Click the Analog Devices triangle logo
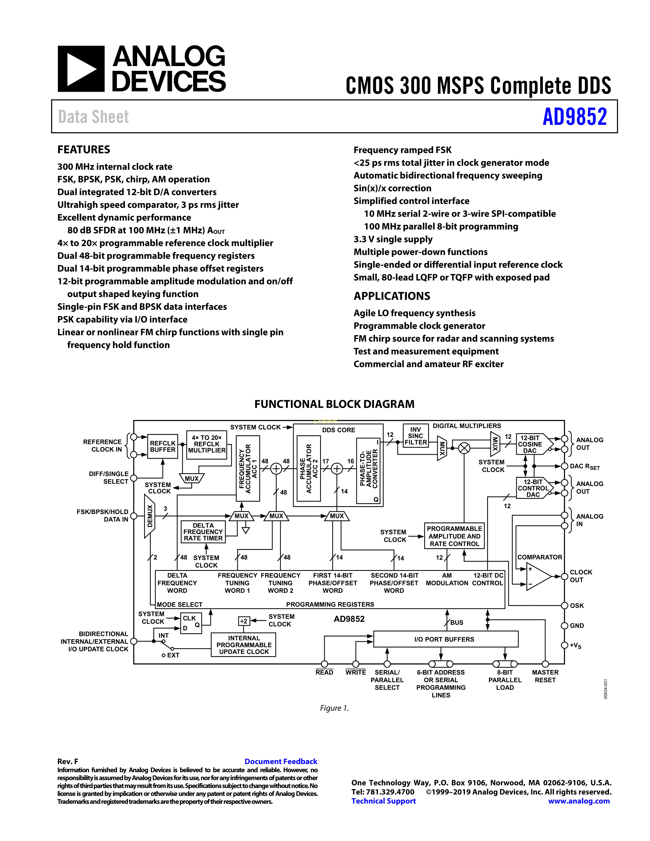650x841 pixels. coord(81,69)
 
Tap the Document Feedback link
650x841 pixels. coord(281,761)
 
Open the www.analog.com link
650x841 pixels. coord(579,801)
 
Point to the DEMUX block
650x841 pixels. coord(149,516)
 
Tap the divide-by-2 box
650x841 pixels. coord(244,621)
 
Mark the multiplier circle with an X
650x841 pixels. coord(464,448)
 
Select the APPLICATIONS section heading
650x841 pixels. coord(392,296)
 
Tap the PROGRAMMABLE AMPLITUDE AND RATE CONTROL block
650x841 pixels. coord(454,536)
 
